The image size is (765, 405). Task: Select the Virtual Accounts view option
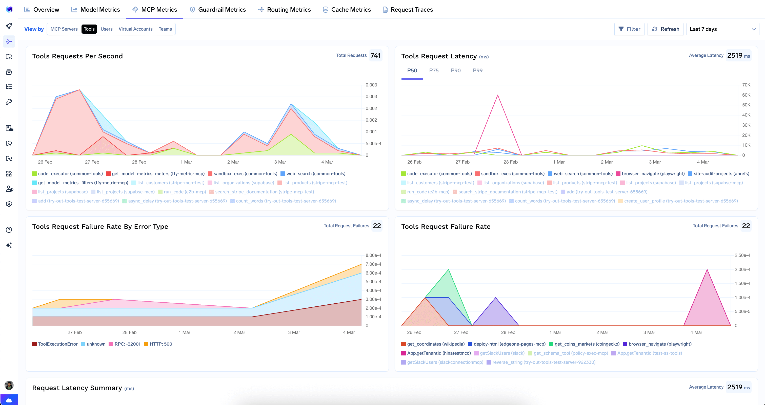(x=135, y=29)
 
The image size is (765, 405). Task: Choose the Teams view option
(x=165, y=29)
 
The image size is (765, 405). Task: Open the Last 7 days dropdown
(x=722, y=29)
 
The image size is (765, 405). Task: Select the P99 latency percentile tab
(x=477, y=71)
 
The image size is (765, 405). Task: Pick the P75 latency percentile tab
(x=434, y=71)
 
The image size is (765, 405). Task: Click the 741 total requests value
(x=375, y=55)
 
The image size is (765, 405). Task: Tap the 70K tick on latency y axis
(x=746, y=85)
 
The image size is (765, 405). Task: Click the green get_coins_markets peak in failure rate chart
(x=448, y=269)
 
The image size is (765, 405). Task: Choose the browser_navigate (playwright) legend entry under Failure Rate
(x=660, y=344)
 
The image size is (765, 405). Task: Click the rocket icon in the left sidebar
(x=9, y=26)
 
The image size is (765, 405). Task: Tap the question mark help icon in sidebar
(x=9, y=230)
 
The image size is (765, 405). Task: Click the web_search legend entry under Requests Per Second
(x=316, y=174)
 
